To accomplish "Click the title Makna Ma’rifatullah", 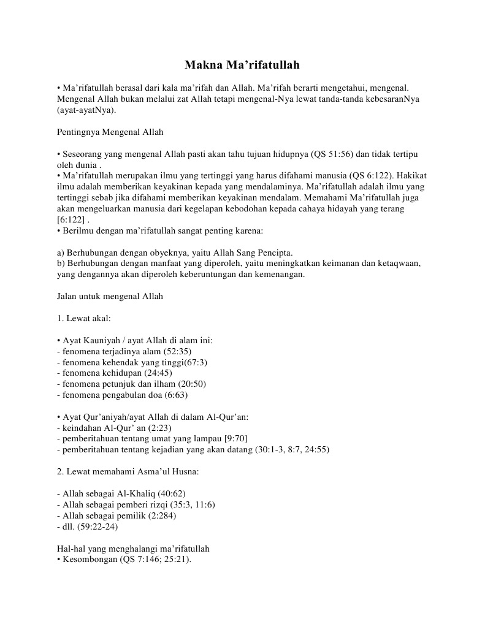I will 242,64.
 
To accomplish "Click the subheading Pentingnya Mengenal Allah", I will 110,132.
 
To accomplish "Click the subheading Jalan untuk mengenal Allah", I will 110,297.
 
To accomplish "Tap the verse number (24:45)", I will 158,373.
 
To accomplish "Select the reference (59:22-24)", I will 96,526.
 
